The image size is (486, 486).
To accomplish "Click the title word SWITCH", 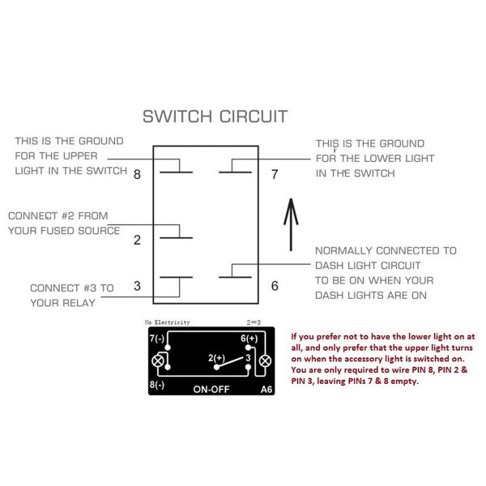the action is click(x=177, y=117).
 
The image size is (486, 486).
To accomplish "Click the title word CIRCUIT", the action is click(x=254, y=117).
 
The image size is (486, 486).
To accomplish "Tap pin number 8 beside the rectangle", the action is click(x=138, y=174).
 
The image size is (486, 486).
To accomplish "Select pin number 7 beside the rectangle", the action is click(x=275, y=174).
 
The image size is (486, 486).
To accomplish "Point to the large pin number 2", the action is click(x=138, y=240).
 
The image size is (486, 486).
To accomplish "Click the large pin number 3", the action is click(x=138, y=286).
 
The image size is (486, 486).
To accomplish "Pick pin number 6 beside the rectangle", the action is click(x=275, y=286).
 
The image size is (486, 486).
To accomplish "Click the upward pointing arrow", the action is click(x=291, y=224).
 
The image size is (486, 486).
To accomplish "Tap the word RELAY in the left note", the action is click(x=79, y=303).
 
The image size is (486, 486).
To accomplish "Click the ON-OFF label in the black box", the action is click(x=211, y=390).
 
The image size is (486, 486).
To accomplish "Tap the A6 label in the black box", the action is click(x=266, y=390).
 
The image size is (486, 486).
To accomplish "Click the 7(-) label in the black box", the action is click(x=157, y=339).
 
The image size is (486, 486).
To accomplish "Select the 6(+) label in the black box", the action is click(x=249, y=339).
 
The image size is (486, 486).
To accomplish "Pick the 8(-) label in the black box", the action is click(x=157, y=385).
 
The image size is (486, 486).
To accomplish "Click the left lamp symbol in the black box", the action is click(x=158, y=361).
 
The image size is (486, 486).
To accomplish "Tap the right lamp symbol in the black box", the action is click(x=266, y=361).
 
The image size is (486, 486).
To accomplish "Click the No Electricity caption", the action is click(x=167, y=322).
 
